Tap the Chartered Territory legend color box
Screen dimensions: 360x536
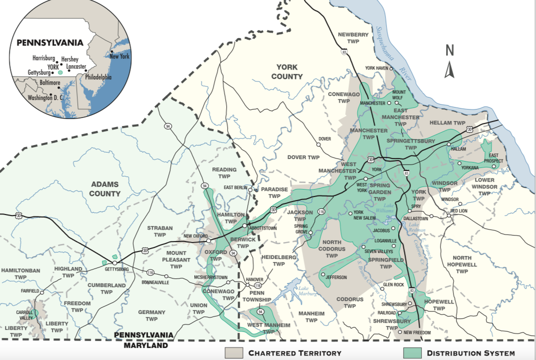[234, 352]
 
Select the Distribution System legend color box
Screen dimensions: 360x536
[412, 352]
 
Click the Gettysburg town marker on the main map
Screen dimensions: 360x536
[114, 262]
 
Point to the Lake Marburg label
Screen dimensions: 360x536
[308, 291]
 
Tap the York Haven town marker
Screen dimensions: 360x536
[392, 68]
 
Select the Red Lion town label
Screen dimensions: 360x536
[459, 211]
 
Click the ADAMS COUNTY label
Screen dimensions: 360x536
[105, 189]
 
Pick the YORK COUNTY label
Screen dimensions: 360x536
[287, 71]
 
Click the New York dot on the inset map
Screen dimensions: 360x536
[112, 51]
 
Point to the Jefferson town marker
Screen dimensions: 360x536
[323, 274]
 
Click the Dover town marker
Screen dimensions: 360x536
[318, 144]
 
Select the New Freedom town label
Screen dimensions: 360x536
[417, 332]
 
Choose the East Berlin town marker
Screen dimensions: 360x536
[250, 190]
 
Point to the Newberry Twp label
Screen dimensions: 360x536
[353, 38]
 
